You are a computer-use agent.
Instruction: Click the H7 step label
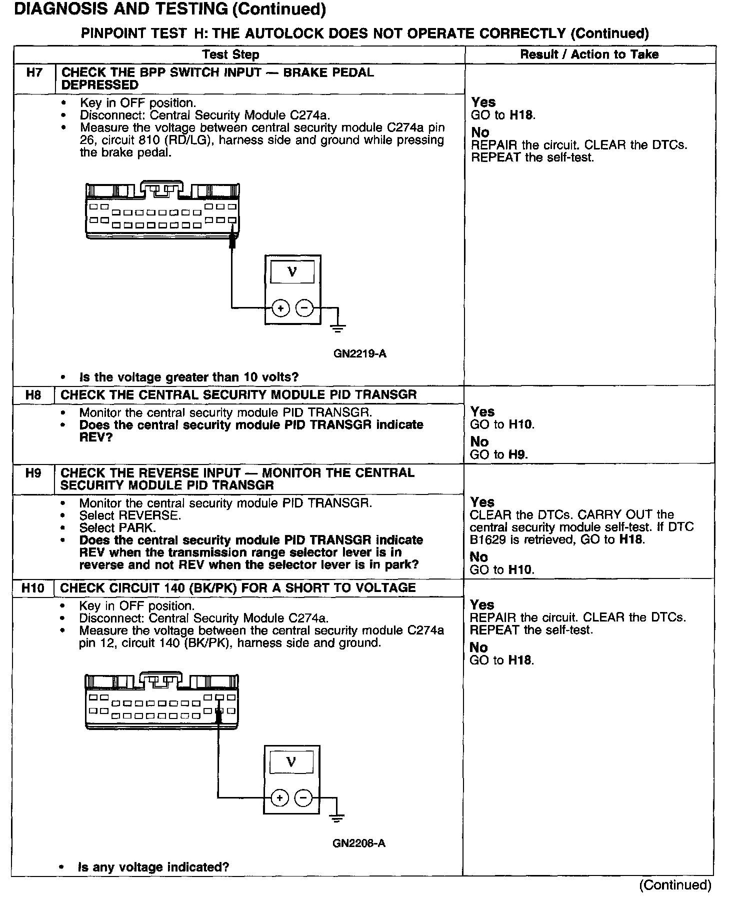(34, 73)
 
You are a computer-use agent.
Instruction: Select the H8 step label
(33, 395)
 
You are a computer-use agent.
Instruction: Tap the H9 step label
(33, 473)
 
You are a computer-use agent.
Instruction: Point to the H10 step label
(33, 588)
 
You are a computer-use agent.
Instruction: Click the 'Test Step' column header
(230, 54)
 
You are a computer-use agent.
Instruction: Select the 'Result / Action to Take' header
(589, 54)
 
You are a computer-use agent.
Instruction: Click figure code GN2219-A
(359, 354)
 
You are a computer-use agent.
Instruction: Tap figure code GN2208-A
(358, 843)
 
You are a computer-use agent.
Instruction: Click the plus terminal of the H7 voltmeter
(280, 308)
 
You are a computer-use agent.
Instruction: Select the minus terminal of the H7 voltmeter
(304, 308)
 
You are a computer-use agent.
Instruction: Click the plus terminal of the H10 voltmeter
(279, 798)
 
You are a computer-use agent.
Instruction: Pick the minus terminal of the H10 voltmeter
(303, 798)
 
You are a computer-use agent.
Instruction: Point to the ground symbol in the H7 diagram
(338, 327)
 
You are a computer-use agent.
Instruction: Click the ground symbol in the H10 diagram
(337, 818)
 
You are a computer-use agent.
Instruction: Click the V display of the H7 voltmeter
(292, 272)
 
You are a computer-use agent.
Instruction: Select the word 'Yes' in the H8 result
(482, 411)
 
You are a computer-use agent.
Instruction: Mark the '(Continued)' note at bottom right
(675, 885)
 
